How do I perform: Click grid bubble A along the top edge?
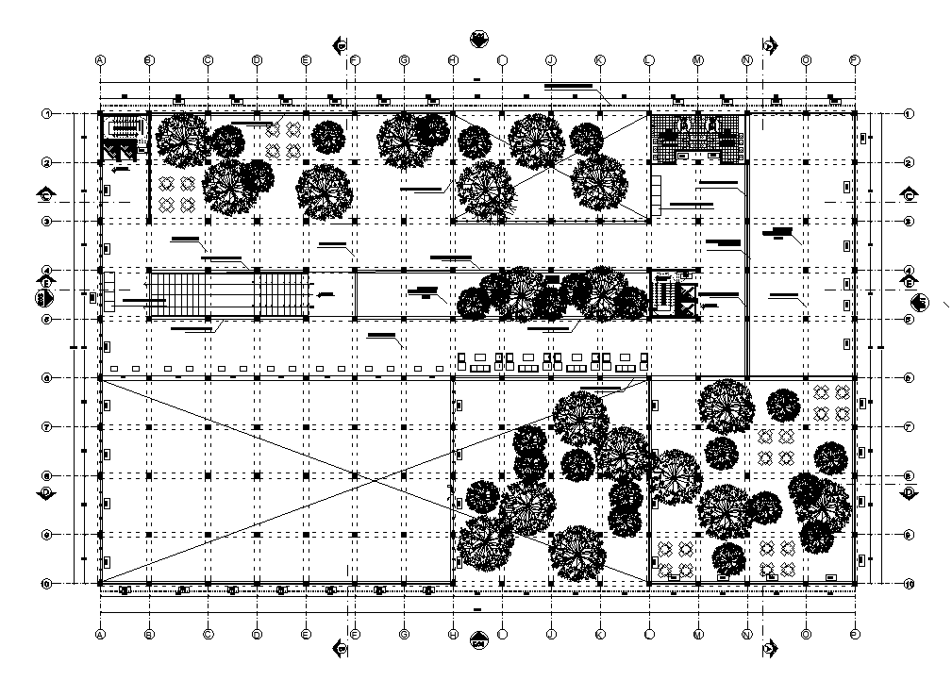coord(100,59)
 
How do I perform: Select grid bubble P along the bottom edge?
coord(854,635)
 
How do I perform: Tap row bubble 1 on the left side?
coord(45,114)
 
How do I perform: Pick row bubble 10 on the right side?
coord(909,584)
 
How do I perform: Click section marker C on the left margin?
coord(45,195)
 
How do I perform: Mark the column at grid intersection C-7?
coord(208,426)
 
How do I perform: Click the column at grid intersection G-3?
coord(404,221)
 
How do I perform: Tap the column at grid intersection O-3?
coord(806,221)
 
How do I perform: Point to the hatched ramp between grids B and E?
coord(230,294)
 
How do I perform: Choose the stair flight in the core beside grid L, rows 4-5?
coord(663,293)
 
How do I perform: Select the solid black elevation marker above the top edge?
coord(478,40)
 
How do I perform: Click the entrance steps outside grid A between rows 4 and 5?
coord(108,291)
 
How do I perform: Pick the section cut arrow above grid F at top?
coord(342,44)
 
